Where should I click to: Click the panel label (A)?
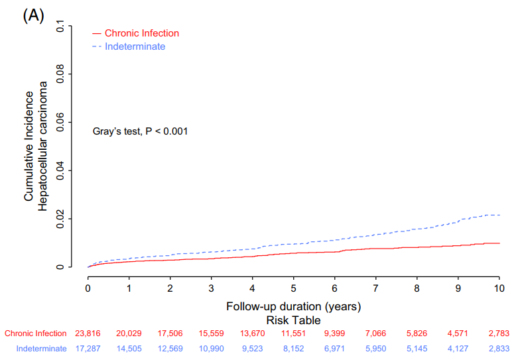33,16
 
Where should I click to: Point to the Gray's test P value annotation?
140,131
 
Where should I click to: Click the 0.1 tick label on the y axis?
61,27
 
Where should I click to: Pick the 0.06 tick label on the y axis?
61,122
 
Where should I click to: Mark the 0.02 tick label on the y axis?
61,218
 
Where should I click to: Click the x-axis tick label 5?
293,288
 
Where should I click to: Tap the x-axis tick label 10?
499,288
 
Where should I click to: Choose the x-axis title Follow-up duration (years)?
293,306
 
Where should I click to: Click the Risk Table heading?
293,320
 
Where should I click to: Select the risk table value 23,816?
88,333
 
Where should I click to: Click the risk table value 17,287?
88,348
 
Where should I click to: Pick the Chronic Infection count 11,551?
293,333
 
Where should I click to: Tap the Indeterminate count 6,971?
334,348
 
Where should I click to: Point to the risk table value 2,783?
499,333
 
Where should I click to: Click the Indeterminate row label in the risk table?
41,348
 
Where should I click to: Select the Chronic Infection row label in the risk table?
35,333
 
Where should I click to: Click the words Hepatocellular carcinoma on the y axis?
43,146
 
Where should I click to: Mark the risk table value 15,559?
211,333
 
